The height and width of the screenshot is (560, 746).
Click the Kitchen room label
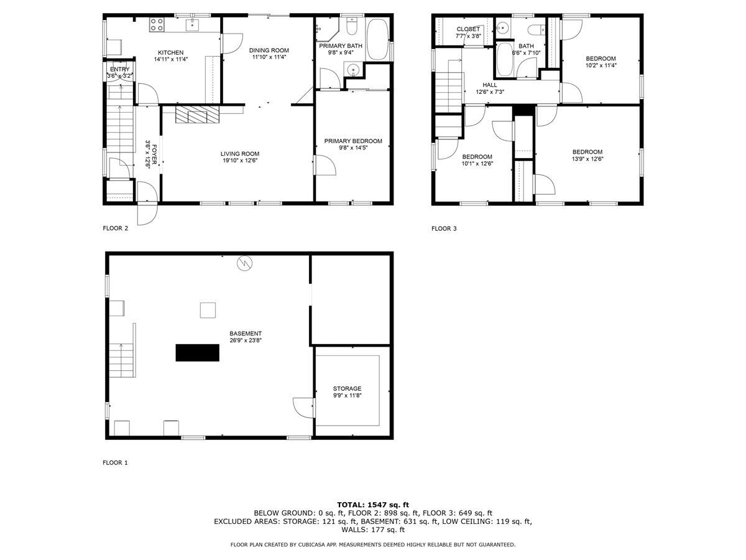[x=170, y=52]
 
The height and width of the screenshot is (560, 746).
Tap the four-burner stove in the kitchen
[x=157, y=25]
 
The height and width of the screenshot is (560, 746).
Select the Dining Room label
[x=269, y=50]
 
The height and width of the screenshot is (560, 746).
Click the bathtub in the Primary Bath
[x=378, y=39]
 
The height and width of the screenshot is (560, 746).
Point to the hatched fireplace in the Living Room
[x=197, y=114]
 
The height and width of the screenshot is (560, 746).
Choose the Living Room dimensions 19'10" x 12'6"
[x=239, y=161]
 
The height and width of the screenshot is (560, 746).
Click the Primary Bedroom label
[x=353, y=141]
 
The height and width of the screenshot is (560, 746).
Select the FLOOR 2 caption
[x=115, y=228]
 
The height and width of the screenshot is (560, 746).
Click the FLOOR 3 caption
[x=444, y=228]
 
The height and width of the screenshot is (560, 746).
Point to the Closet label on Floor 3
[x=468, y=29]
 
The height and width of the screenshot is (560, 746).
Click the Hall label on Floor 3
[x=489, y=85]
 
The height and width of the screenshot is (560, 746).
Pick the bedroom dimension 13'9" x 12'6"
[x=587, y=159]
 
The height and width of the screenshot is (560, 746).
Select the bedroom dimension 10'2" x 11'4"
[x=601, y=65]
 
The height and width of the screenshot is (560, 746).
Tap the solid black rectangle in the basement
[x=198, y=353]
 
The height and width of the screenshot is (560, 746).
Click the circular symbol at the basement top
[x=244, y=264]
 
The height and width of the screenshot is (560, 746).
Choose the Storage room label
[x=348, y=388]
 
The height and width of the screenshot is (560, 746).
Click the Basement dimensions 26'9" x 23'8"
[x=245, y=340]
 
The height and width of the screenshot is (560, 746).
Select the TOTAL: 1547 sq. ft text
[x=373, y=505]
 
